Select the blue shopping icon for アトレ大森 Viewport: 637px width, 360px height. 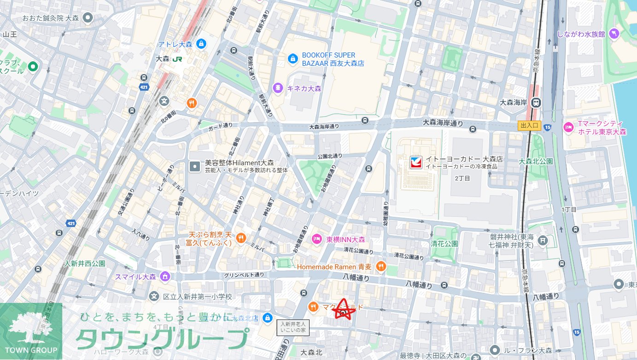pyautogui.click(x=200, y=44)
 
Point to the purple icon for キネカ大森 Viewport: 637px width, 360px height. pyautogui.click(x=277, y=87)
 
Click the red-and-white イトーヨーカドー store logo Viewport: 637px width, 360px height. pyautogui.click(x=416, y=163)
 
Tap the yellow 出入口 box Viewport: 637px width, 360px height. pyautogui.click(x=529, y=126)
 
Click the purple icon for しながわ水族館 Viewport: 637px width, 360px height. pyautogui.click(x=614, y=34)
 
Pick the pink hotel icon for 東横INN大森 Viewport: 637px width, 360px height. pyautogui.click(x=316, y=239)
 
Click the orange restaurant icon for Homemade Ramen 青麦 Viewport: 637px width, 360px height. pyautogui.click(x=380, y=267)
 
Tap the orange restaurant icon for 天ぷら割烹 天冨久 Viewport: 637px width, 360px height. pyautogui.click(x=240, y=238)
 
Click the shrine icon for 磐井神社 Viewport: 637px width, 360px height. pyautogui.click(x=543, y=240)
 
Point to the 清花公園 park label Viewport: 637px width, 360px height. pyautogui.click(x=444, y=244)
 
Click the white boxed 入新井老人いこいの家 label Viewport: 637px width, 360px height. pyautogui.click(x=293, y=327)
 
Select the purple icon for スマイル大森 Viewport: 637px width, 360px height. pyautogui.click(x=165, y=277)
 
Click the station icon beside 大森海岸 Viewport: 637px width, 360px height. pyautogui.click(x=536, y=102)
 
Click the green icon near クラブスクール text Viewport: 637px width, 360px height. pyautogui.click(x=33, y=67)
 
